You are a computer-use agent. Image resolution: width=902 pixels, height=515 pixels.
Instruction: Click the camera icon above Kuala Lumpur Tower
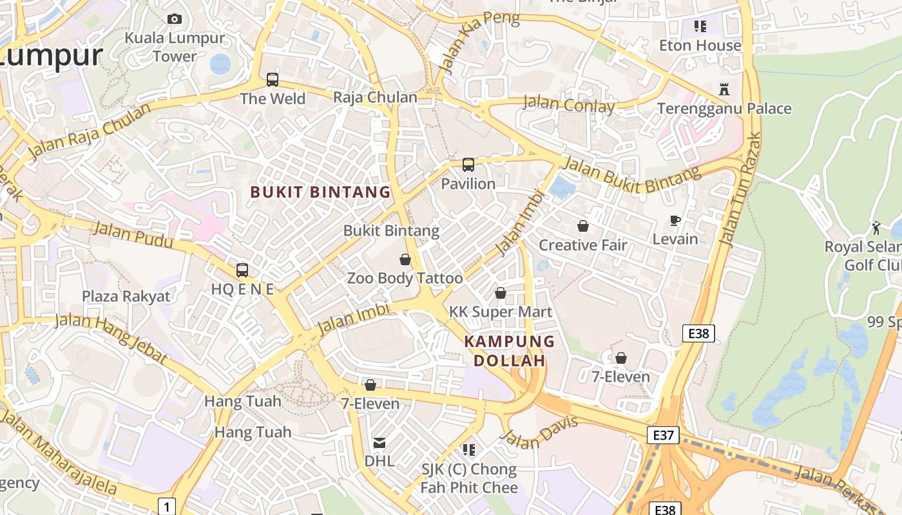(175, 19)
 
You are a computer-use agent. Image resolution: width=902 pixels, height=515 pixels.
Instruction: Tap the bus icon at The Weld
(273, 80)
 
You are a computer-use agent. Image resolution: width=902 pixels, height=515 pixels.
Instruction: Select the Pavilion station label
(468, 183)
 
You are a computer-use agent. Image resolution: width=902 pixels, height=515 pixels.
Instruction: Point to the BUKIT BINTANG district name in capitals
(320, 192)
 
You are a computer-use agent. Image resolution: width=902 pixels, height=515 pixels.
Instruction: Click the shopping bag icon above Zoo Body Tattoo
(405, 259)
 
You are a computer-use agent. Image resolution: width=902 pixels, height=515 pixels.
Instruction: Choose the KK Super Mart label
(501, 312)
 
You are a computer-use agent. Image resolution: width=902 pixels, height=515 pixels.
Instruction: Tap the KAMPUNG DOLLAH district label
(510, 351)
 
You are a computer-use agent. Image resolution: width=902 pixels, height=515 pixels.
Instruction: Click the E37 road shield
(663, 435)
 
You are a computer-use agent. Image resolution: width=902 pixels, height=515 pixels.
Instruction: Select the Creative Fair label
(583, 245)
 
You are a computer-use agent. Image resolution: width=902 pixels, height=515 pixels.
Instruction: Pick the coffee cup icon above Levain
(675, 221)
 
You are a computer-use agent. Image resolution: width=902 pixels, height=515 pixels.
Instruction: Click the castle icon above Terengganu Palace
(724, 89)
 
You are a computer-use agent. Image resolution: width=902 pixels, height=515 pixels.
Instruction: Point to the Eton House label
(700, 46)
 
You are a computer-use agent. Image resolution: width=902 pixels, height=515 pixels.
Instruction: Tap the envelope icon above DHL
(379, 443)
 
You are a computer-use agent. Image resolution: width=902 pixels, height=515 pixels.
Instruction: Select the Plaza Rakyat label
(126, 296)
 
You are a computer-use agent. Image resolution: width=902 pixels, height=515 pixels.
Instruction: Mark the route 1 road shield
(167, 507)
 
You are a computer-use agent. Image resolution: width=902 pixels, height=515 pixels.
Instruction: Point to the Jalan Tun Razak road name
(740, 190)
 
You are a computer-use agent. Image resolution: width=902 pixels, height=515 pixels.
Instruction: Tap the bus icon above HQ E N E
(242, 270)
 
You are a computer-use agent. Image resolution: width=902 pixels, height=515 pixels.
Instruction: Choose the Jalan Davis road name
(539, 433)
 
